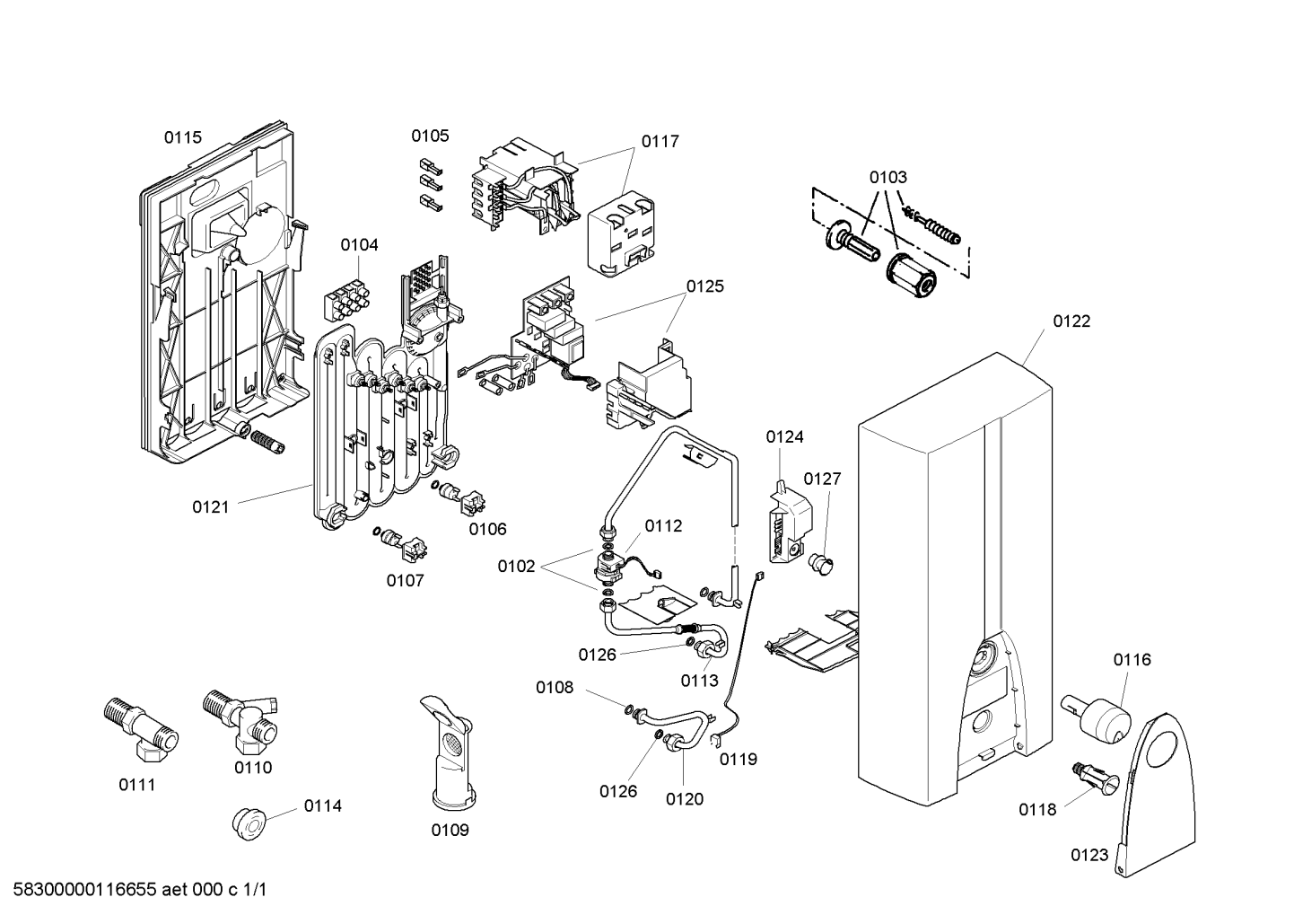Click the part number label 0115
pos(182,137)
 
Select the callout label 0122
pos(1071,321)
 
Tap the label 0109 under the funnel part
pos(450,830)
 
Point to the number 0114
pos(322,805)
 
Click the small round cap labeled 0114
pos(247,821)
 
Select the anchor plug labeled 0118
pos(1091,777)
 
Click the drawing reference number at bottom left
pos(134,890)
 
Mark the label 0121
pos(211,506)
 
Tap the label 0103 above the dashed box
pos(887,177)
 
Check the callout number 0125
pos(705,286)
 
